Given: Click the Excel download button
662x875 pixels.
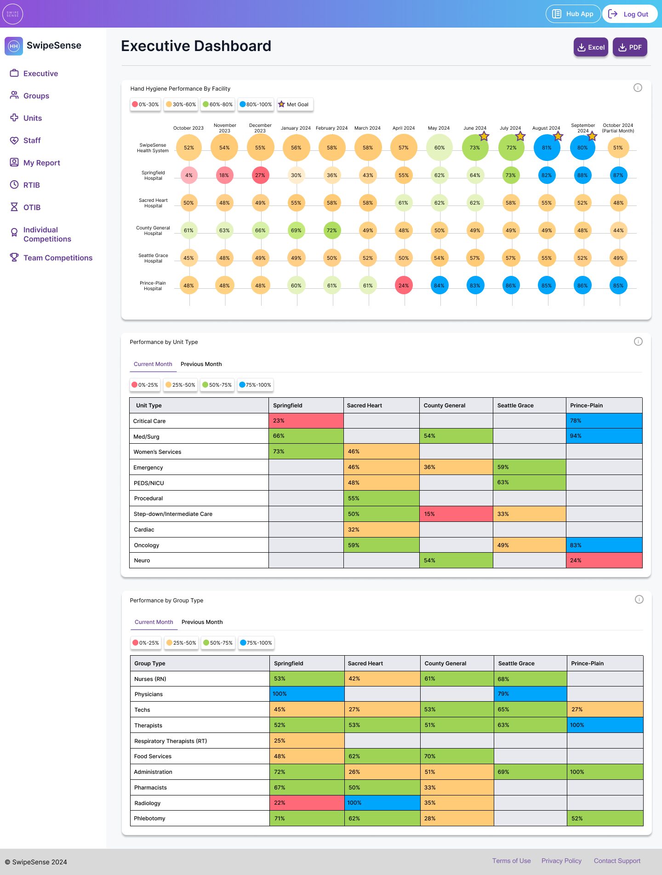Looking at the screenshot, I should (591, 47).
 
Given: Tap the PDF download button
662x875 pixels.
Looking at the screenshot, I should (630, 47).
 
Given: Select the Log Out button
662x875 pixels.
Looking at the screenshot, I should (629, 14).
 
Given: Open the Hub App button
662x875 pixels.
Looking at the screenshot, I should (573, 14).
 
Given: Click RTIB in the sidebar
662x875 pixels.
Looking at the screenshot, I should (31, 185).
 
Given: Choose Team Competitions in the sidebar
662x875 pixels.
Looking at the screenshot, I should (57, 258).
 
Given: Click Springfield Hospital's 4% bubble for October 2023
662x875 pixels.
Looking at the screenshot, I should (189, 175).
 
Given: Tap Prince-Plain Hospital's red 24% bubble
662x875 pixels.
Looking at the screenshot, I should (404, 286).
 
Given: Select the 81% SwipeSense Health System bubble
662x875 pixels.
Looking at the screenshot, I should (547, 148).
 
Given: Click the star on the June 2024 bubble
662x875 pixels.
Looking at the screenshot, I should (484, 136).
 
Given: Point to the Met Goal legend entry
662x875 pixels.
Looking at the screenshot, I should (295, 104).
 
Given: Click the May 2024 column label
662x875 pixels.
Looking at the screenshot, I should (439, 128).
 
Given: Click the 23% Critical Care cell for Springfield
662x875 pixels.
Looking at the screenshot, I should (306, 421).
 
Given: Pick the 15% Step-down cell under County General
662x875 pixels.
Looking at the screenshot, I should (456, 514).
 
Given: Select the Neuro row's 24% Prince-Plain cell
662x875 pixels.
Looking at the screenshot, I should (604, 560).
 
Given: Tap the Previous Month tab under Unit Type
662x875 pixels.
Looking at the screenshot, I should (201, 364).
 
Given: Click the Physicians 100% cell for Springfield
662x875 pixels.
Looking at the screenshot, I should (307, 694).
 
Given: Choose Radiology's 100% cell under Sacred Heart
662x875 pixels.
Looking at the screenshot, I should (382, 803).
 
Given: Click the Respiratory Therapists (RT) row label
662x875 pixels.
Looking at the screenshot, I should (171, 741).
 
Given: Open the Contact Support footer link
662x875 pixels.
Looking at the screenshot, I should (617, 861).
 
